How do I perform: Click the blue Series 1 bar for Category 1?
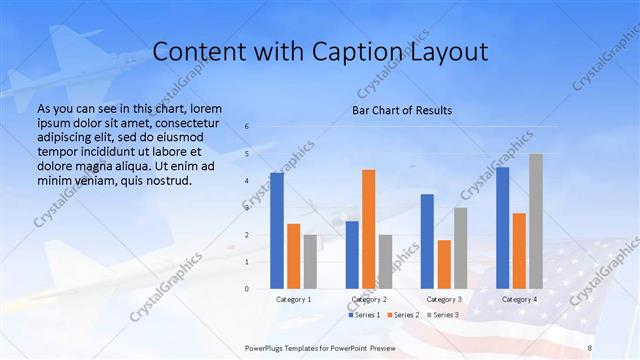coord(277,231)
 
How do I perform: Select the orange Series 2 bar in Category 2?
coord(369,229)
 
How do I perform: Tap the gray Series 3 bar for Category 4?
coord(536,221)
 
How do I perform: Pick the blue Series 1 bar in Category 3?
coord(427,241)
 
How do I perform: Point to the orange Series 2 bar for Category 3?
coord(444,264)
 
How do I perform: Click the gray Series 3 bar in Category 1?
coord(310,262)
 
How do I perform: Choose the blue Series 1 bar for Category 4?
coord(502,228)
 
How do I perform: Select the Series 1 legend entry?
coord(365,315)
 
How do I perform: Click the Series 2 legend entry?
coord(402,315)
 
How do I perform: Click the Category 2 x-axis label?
coord(369,299)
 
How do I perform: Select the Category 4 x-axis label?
coord(519,299)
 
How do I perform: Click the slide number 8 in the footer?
coord(590,346)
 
